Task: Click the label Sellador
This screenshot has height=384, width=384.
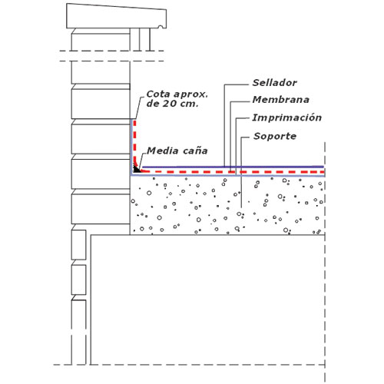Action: click(275, 83)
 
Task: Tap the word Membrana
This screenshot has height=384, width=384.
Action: click(281, 100)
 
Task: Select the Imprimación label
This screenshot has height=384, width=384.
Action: click(287, 118)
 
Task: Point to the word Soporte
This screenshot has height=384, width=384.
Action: click(275, 136)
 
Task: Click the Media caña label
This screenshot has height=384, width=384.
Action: click(177, 151)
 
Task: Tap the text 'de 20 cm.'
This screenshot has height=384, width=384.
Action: click(172, 104)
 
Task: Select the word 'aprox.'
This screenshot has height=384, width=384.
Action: click(190, 94)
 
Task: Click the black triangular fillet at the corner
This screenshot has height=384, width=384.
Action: click(137, 169)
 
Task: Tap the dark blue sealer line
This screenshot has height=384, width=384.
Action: click(233, 167)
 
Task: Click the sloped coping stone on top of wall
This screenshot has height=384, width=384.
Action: click(117, 16)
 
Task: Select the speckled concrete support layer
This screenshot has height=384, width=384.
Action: click(227, 205)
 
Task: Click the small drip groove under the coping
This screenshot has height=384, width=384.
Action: click(161, 27)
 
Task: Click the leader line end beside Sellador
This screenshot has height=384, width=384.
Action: click(248, 84)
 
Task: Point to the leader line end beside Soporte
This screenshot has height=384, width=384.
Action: click(249, 137)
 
